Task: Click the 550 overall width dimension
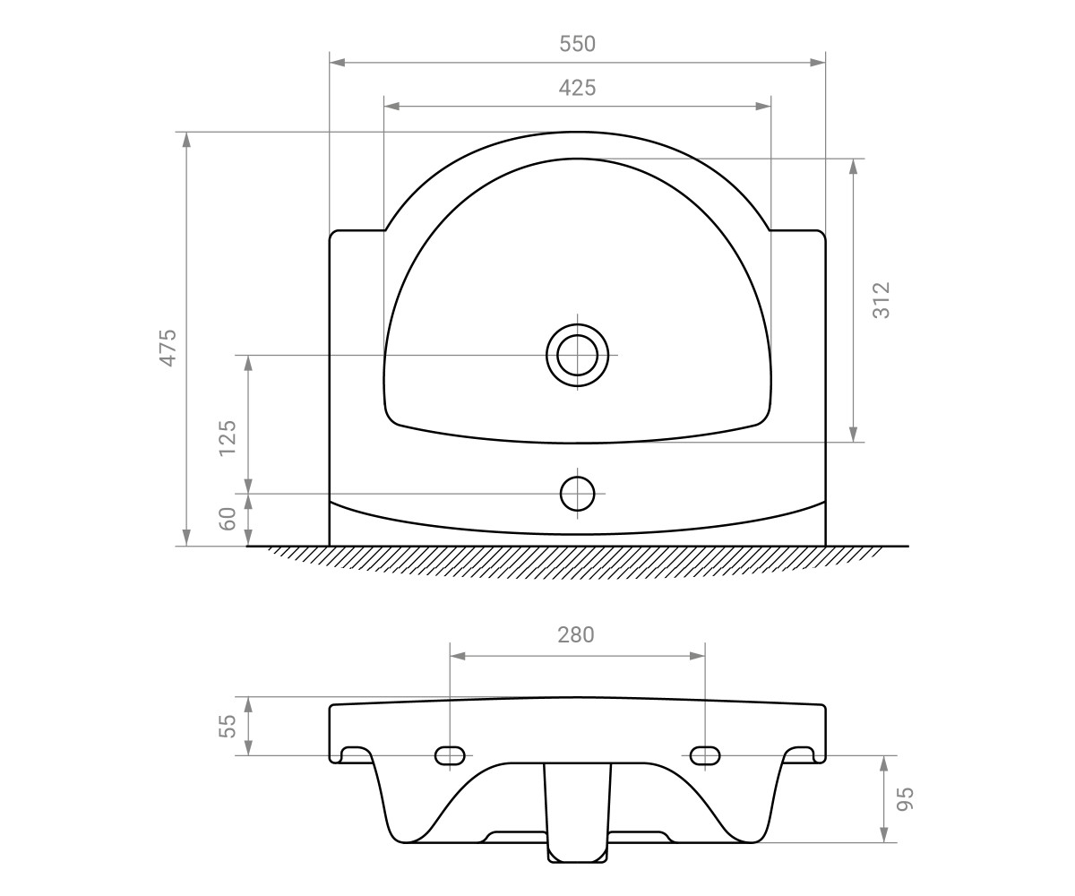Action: tap(577, 44)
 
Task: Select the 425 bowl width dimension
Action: tap(577, 88)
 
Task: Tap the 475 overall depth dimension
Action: tap(168, 348)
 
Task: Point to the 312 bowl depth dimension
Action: tap(881, 300)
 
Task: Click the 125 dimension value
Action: tap(227, 438)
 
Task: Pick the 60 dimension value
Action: tap(227, 519)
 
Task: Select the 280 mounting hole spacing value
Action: tap(576, 635)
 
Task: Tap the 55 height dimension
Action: tap(227, 726)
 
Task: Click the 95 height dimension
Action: tap(905, 798)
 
